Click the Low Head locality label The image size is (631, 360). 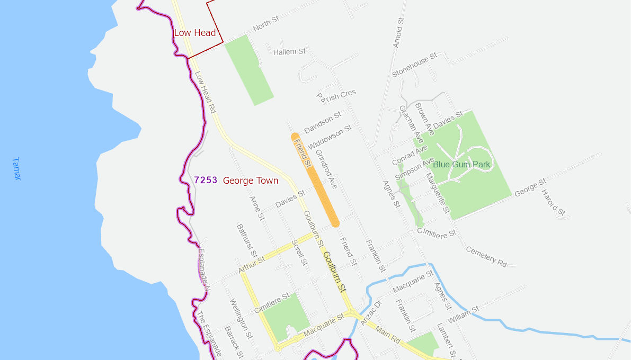point(195,33)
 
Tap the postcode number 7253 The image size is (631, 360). point(206,180)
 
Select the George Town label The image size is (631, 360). point(251,181)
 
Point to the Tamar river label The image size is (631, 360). point(16,169)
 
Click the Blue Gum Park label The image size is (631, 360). point(461,165)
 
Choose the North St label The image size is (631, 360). point(265,24)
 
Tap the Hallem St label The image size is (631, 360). point(289,52)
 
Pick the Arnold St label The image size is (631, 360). point(398,33)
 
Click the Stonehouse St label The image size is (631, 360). point(414,65)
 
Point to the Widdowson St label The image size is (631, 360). point(330,137)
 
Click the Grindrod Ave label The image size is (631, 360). point(326,169)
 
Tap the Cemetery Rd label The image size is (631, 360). point(486,256)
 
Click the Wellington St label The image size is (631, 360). point(241,315)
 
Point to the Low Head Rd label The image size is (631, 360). point(205,93)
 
